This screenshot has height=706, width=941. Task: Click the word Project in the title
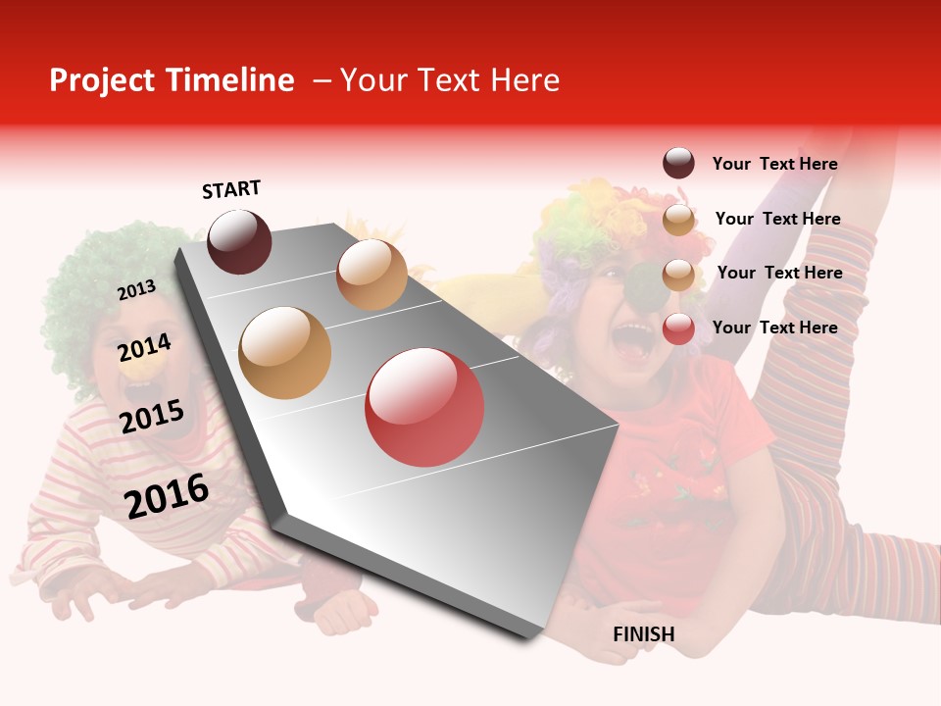click(x=101, y=81)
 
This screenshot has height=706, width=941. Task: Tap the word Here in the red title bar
click(x=524, y=80)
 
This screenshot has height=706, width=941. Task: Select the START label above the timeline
click(x=231, y=189)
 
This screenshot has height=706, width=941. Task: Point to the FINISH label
click(x=644, y=634)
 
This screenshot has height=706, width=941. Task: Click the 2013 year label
click(x=136, y=290)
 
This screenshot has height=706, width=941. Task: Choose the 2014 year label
click(x=144, y=348)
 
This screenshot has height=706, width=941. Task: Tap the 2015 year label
click(x=152, y=418)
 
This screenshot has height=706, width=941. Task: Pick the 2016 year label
click(x=167, y=496)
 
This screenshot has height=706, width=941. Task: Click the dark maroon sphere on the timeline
click(x=239, y=241)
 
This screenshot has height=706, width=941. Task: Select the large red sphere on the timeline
click(x=424, y=407)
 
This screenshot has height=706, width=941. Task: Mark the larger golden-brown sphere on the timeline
click(x=285, y=352)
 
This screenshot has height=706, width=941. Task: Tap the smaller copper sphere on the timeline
click(x=371, y=275)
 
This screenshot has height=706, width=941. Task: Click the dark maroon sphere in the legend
click(x=678, y=163)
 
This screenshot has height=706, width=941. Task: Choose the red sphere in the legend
click(x=678, y=328)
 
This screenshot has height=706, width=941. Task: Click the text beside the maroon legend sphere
click(x=774, y=164)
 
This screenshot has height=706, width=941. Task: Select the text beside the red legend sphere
click(x=774, y=328)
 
